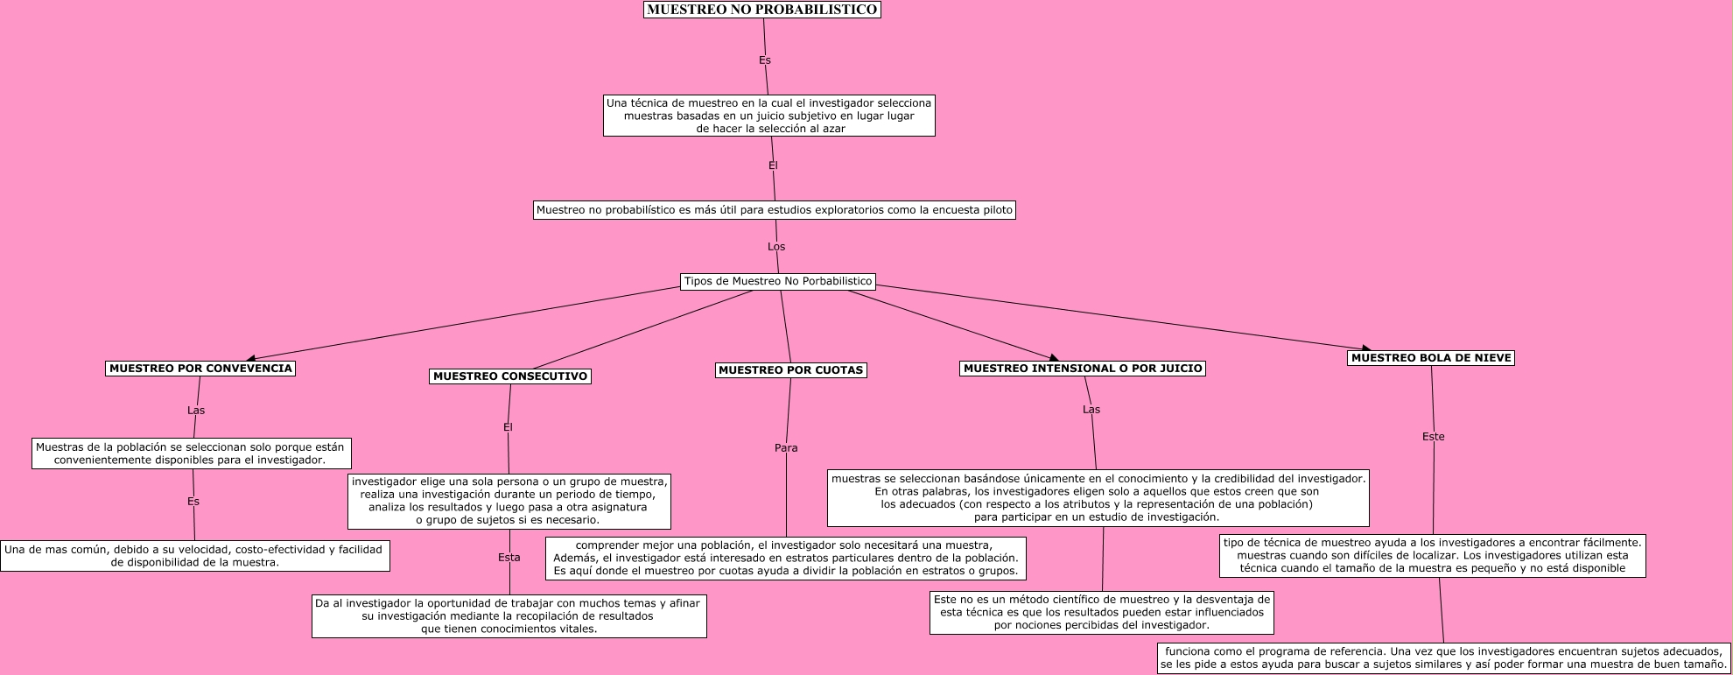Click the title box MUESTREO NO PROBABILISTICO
tap(761, 10)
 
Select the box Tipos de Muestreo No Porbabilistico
tap(778, 281)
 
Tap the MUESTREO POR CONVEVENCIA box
tap(200, 369)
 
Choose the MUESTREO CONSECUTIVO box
tap(510, 376)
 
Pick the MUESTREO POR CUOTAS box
tap(790, 370)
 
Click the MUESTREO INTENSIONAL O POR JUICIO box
tap(1083, 369)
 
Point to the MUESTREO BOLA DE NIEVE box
tap(1431, 358)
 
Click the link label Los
tap(776, 247)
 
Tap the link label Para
tap(786, 448)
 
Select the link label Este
tap(1434, 437)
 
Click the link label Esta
tap(509, 558)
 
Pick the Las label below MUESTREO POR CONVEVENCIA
tap(196, 411)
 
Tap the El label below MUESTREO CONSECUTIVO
tap(508, 427)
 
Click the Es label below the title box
tap(765, 60)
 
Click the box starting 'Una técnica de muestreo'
tap(769, 116)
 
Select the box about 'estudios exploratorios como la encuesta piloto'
tap(775, 210)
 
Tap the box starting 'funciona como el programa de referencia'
tap(1443, 657)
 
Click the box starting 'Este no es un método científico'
tap(1102, 613)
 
